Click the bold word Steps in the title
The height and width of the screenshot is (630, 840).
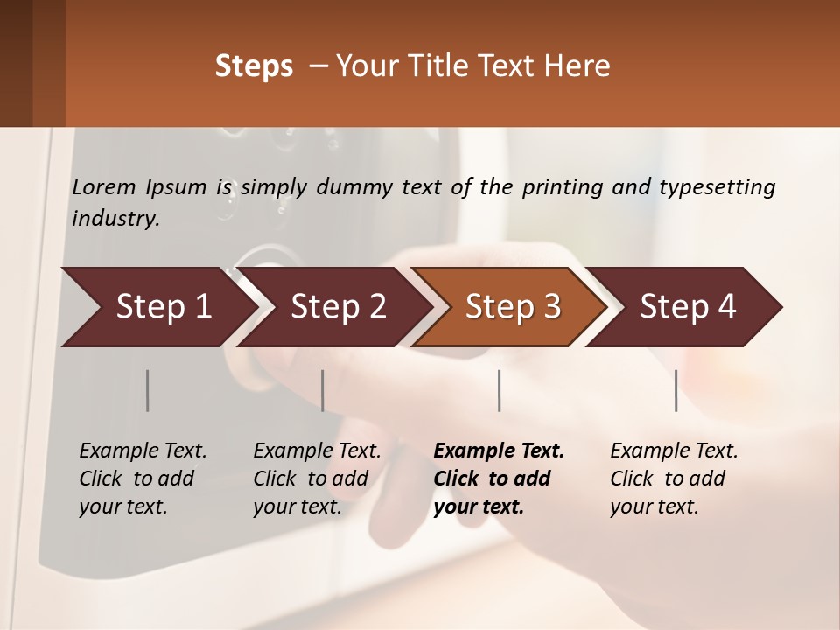(254, 66)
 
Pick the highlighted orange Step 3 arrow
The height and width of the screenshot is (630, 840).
(513, 307)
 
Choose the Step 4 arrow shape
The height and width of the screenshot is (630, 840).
(688, 307)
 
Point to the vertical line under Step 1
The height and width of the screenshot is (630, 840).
(148, 390)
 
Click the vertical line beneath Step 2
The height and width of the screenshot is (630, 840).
(323, 390)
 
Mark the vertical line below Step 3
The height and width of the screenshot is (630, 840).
(500, 390)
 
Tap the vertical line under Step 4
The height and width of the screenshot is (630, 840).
(676, 390)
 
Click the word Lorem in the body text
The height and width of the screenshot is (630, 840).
(104, 187)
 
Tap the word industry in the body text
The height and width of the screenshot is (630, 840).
(115, 219)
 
